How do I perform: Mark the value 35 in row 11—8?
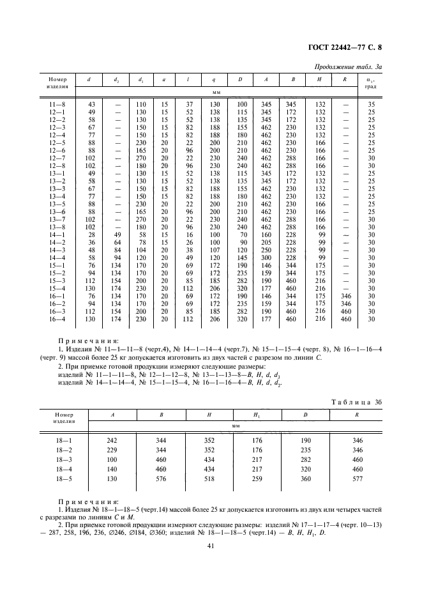[371, 103]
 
